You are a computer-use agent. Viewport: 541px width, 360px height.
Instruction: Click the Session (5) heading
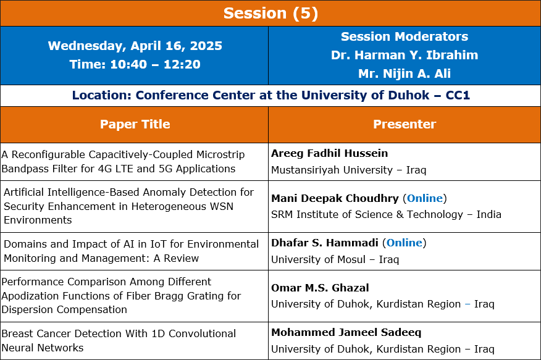[270, 14]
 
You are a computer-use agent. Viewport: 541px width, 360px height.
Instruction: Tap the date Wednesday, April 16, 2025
[135, 46]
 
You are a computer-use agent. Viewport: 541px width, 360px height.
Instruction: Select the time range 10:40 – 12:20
[155, 64]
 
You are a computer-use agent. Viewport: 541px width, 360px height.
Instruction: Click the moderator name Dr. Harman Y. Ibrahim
[405, 55]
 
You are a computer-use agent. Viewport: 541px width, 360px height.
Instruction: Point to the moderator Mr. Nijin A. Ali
[405, 73]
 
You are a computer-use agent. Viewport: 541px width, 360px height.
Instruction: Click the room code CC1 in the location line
[458, 95]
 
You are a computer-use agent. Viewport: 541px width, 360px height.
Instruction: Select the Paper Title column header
[135, 124]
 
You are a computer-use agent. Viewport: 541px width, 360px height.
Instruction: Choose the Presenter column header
[405, 124]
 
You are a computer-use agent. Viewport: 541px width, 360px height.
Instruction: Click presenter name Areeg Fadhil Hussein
[330, 153]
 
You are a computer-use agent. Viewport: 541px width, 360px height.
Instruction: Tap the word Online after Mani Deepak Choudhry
[425, 198]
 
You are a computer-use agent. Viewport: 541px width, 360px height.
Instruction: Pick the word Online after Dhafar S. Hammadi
[405, 243]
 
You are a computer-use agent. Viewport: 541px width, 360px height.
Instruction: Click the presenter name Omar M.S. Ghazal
[320, 288]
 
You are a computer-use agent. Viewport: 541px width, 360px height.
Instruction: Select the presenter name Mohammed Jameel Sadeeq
[346, 332]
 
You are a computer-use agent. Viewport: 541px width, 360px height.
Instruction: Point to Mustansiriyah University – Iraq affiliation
[349, 170]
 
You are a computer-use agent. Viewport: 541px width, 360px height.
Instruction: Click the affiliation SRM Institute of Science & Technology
[367, 214]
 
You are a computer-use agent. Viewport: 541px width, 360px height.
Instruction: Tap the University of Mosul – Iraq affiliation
[335, 259]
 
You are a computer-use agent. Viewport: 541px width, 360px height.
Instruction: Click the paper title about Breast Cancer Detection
[119, 340]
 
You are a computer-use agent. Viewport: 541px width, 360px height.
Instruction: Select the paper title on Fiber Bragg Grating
[121, 296]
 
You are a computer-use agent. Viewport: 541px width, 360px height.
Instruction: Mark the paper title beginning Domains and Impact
[131, 251]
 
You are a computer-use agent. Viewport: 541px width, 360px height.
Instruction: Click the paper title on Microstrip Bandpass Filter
[123, 161]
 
